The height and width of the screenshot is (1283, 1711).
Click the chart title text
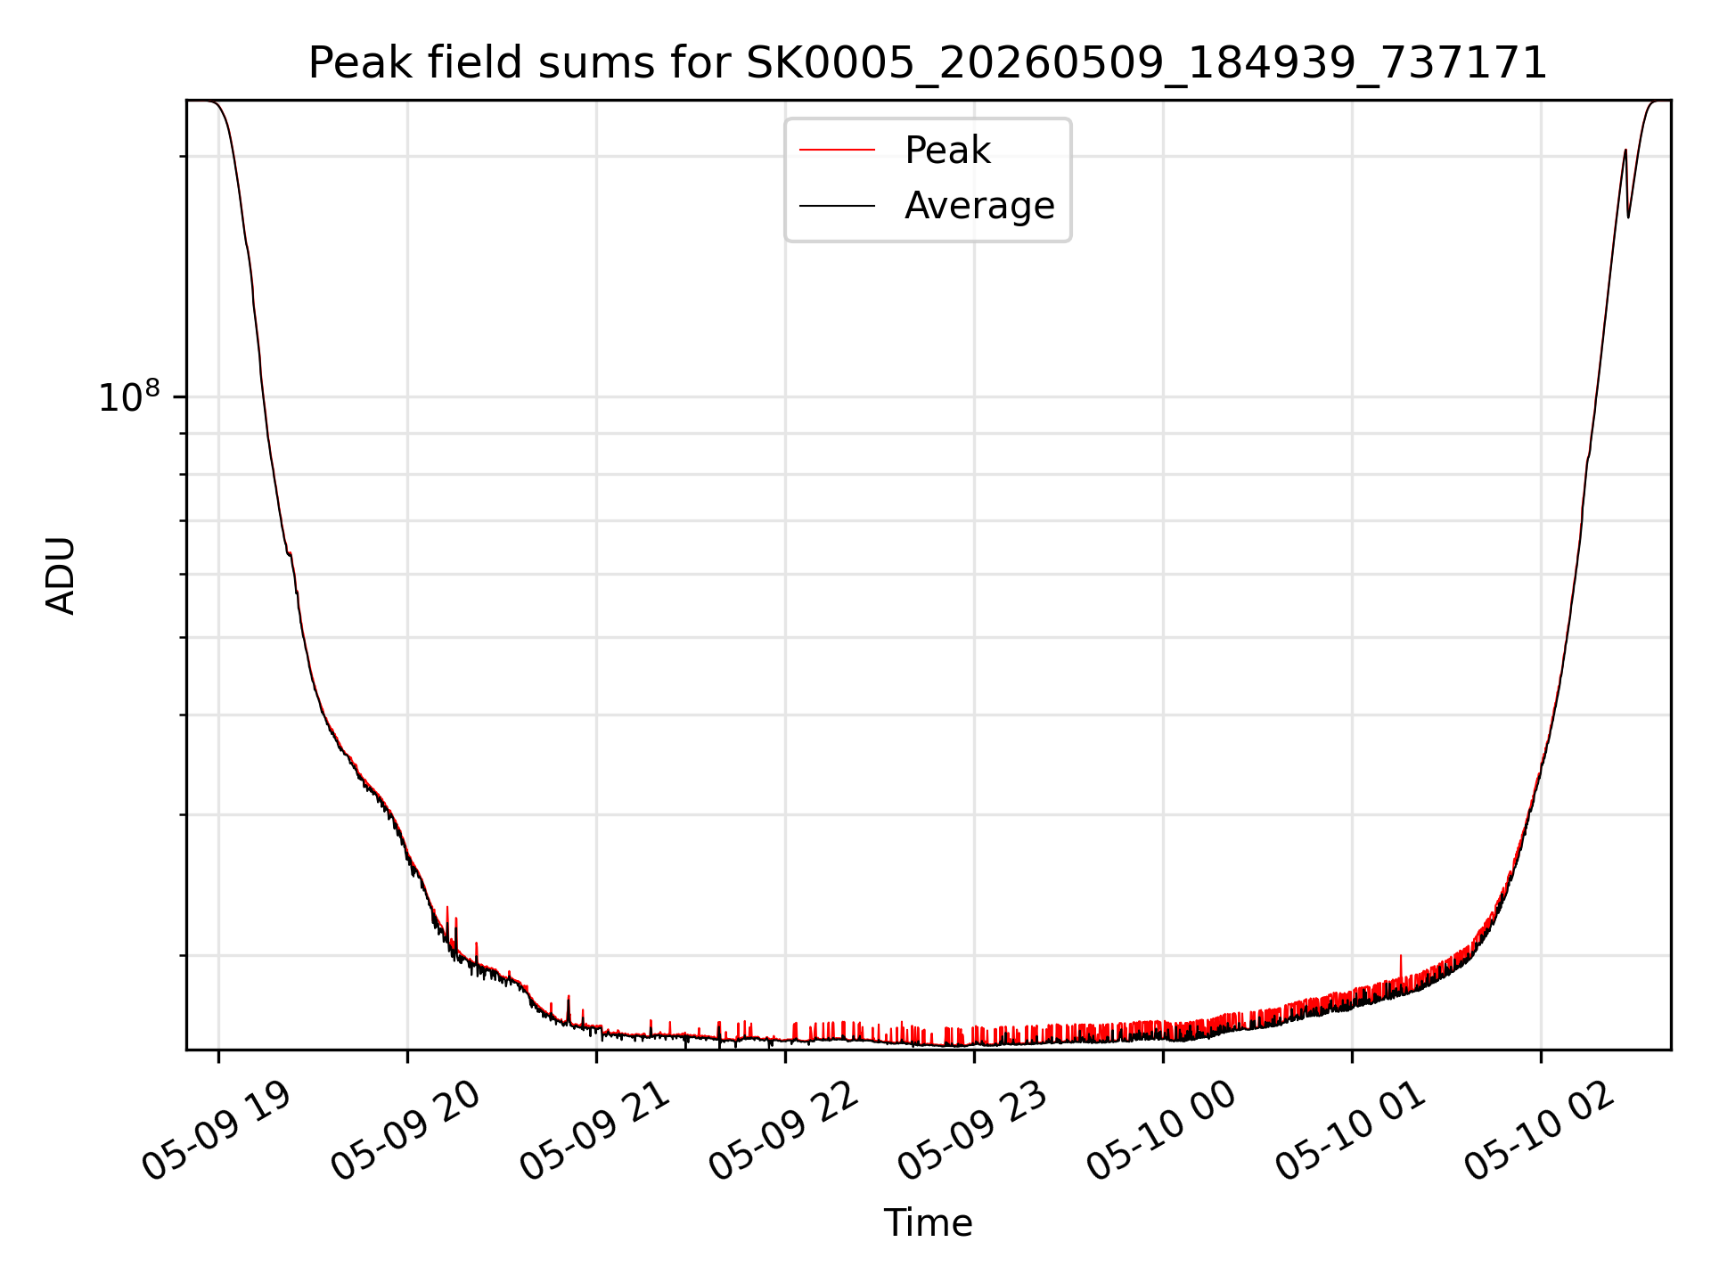[x=928, y=64]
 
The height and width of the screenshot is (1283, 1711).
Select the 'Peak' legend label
[x=947, y=151]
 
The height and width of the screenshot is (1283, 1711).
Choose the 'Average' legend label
[x=979, y=206]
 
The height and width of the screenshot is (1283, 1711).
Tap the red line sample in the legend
[x=837, y=150]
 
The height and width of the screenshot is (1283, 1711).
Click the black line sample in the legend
[x=837, y=206]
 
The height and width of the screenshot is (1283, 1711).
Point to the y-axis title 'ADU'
[x=61, y=576]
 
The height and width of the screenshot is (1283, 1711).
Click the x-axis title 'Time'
[x=928, y=1223]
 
